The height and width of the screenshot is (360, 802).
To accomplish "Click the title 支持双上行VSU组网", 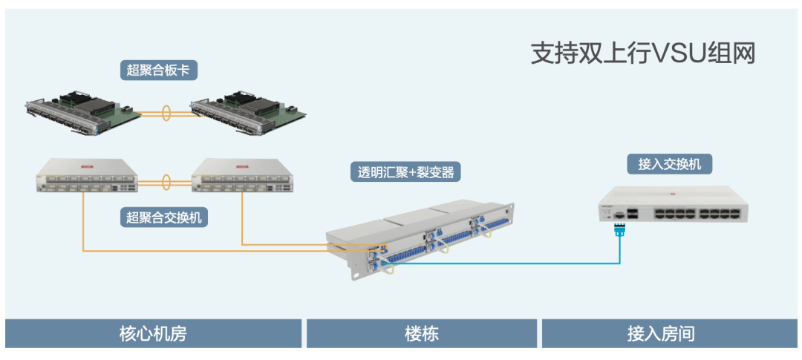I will point(643,53).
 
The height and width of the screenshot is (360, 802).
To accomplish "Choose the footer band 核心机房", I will point(153,333).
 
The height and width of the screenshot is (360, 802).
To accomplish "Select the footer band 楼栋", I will point(421,333).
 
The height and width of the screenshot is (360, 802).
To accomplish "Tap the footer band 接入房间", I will point(660,333).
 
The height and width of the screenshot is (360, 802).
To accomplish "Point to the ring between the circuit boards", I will point(166,114).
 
